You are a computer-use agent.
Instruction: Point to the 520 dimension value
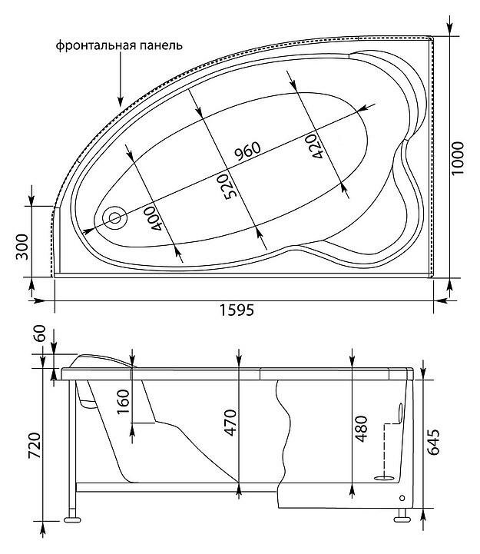click(228, 187)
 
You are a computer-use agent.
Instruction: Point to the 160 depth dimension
click(123, 401)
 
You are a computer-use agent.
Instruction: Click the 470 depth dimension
click(228, 425)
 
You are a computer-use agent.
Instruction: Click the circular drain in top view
click(117, 217)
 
